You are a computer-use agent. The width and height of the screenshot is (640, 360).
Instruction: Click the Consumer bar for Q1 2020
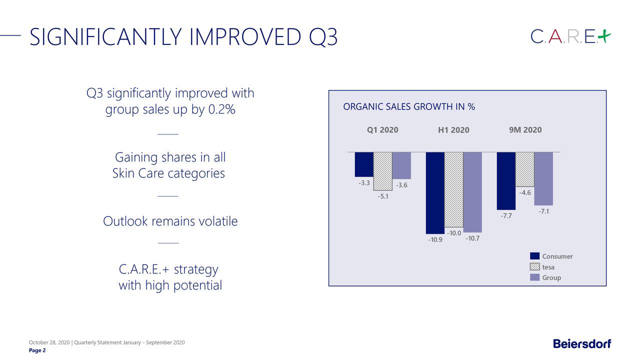[364, 164]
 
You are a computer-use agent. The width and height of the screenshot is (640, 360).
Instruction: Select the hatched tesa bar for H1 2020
[454, 190]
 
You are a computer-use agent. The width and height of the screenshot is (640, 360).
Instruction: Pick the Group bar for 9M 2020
[543, 178]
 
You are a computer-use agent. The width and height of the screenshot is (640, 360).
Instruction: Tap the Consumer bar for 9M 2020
[506, 180]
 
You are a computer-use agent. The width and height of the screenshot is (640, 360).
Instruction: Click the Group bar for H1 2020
[472, 192]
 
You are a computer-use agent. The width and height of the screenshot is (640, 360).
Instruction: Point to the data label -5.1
[383, 196]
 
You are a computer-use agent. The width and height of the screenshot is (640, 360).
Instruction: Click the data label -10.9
[435, 240]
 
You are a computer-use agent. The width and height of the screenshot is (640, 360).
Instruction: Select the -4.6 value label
[524, 192]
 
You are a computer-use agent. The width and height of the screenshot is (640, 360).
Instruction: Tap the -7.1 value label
[544, 212]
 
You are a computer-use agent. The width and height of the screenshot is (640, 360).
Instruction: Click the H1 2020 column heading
[453, 130]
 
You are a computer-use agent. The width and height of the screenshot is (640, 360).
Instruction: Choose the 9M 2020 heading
[525, 130]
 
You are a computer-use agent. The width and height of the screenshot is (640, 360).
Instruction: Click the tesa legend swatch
[534, 267]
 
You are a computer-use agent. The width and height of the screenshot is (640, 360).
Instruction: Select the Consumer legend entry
[557, 256]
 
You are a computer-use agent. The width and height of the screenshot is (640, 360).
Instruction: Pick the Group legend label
[551, 277]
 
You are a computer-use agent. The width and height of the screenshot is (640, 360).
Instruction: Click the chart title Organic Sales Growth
[409, 107]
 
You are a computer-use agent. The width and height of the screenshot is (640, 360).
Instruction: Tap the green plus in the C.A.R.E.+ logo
[604, 36]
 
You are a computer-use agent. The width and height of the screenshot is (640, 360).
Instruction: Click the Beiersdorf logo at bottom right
[582, 343]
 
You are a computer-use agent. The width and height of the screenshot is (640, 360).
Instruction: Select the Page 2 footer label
[37, 350]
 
